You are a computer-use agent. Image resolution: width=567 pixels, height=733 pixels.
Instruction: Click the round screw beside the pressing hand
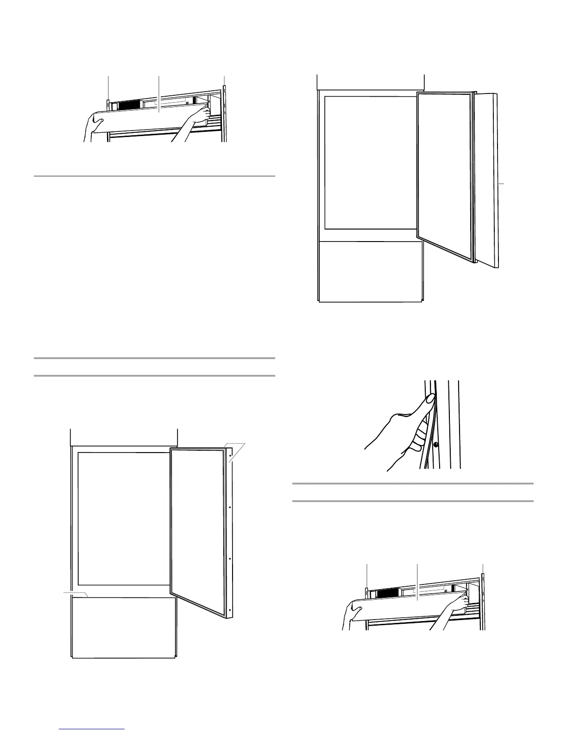[x=435, y=445]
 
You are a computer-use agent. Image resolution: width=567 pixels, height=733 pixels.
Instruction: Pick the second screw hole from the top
[x=230, y=508]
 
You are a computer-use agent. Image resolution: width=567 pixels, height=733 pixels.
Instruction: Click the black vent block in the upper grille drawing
[x=131, y=106]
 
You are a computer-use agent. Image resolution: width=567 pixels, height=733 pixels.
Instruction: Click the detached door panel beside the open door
[x=487, y=180]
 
